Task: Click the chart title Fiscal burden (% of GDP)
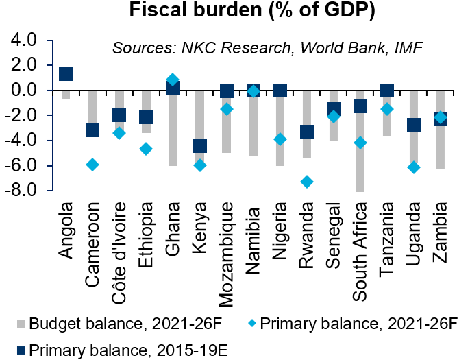coord(235,12)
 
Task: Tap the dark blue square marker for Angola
coord(66,74)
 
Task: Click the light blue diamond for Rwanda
coord(306,182)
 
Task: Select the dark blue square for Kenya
coord(199,146)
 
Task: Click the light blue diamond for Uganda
coord(413,167)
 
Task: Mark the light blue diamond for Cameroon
coord(92,165)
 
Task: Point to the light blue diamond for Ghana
coord(173,80)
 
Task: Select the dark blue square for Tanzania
coord(386,91)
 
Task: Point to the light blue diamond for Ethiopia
coord(146,149)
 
